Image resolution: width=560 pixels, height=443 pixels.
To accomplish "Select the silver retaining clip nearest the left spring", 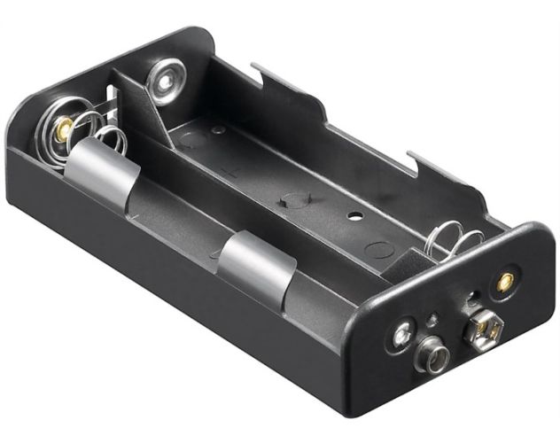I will click(x=105, y=169).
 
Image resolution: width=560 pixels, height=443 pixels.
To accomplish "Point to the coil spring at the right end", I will click(x=454, y=241).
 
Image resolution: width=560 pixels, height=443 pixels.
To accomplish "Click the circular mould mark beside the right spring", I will click(x=378, y=250).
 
